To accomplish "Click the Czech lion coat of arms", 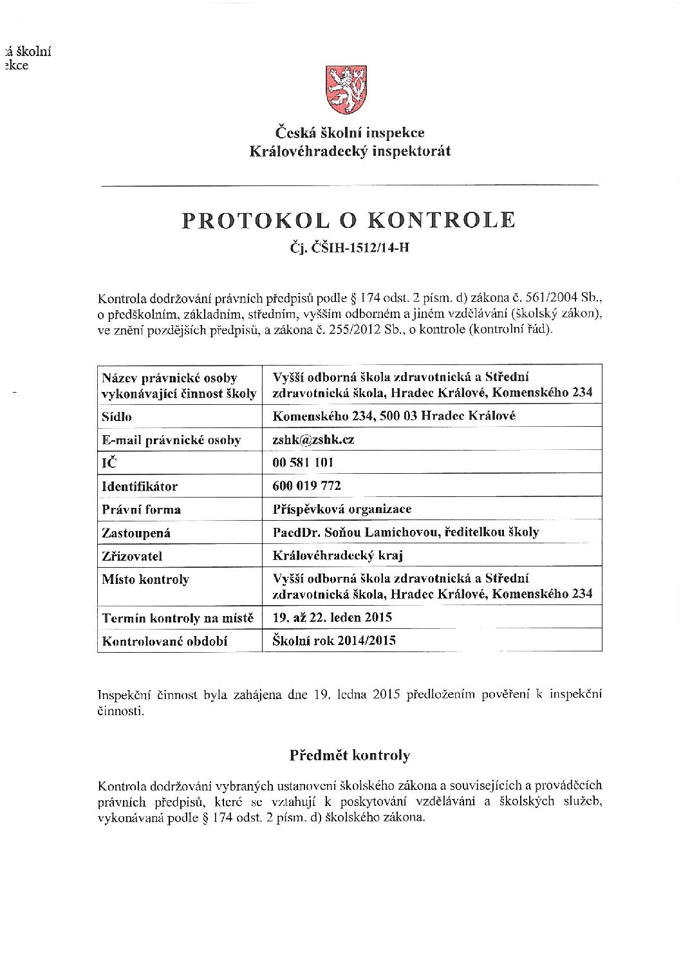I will pyautogui.click(x=346, y=89).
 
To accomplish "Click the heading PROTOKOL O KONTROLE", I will pyautogui.click(x=349, y=220).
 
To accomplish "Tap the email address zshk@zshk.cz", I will pyautogui.click(x=313, y=440).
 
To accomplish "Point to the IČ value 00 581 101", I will pyautogui.click(x=303, y=463).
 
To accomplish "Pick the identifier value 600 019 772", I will pyautogui.click(x=307, y=486).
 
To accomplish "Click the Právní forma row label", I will pyautogui.click(x=142, y=510).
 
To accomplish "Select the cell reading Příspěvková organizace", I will pyautogui.click(x=342, y=509).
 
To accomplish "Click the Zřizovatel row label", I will pyautogui.click(x=132, y=556).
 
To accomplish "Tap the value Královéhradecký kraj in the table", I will pyautogui.click(x=338, y=556).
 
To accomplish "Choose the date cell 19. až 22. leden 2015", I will pyautogui.click(x=332, y=617).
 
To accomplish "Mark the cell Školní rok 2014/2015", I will pyautogui.click(x=334, y=640).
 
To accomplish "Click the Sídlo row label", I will pyautogui.click(x=117, y=416).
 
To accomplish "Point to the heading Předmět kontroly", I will pyautogui.click(x=350, y=755).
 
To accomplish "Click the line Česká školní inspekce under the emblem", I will pyautogui.click(x=350, y=133).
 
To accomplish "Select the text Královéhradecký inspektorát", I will pyautogui.click(x=350, y=151).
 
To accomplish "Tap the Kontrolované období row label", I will pyautogui.click(x=165, y=641).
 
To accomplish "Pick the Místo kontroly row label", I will pyautogui.click(x=145, y=579).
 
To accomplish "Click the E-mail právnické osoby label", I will pyautogui.click(x=171, y=440).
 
